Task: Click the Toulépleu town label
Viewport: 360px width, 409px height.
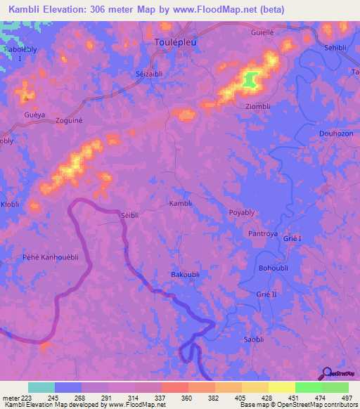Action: coord(176,41)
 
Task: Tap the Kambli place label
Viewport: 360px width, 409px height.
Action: coord(181,203)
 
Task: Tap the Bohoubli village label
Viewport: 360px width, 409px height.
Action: coord(274,268)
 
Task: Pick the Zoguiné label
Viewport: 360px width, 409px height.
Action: coord(70,121)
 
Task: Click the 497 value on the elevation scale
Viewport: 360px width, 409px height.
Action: coord(347,397)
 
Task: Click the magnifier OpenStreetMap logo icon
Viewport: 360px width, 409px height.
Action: coord(326,375)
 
